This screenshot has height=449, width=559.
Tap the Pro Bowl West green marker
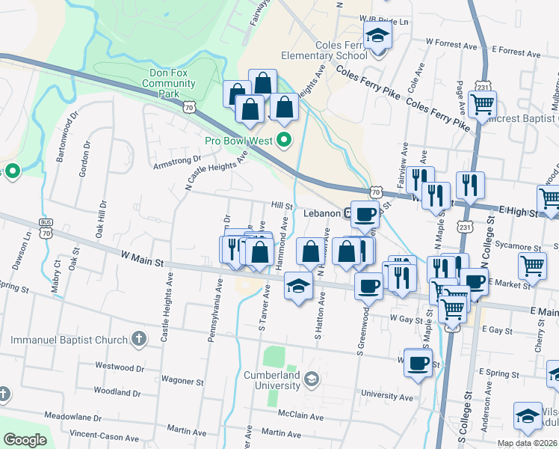point(284,140)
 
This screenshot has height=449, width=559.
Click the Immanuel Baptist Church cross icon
point(138,340)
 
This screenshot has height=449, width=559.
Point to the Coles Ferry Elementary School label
point(324,50)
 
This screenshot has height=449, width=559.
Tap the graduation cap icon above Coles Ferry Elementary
point(377,35)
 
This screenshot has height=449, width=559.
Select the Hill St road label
point(281,204)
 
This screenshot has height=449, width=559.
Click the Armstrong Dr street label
point(176,161)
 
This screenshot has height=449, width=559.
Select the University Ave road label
point(386,396)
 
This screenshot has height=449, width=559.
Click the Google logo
point(25,440)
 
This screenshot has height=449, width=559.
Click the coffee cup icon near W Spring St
point(418,363)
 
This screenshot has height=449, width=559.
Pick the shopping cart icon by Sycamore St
point(532,265)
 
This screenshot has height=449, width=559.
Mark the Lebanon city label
point(322,213)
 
